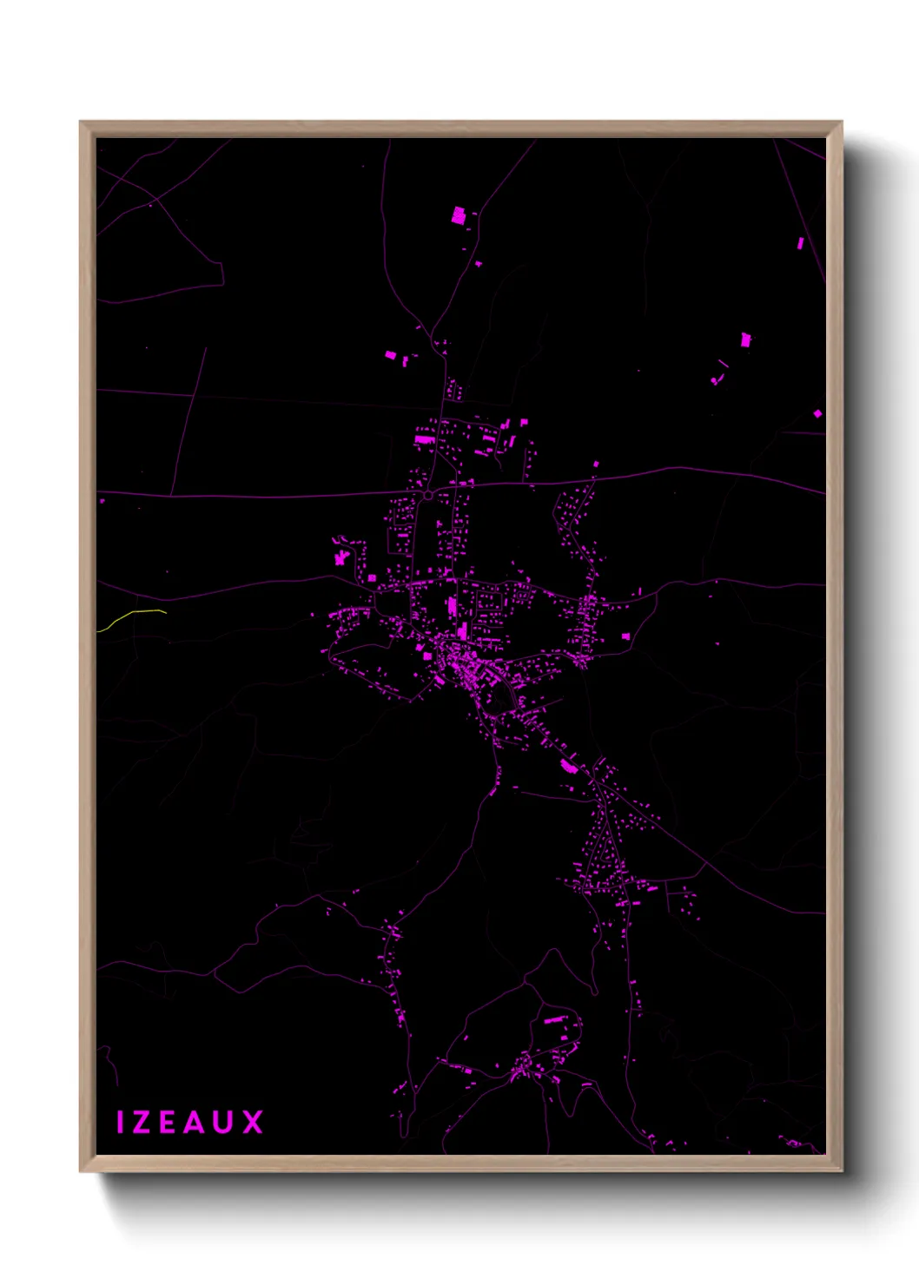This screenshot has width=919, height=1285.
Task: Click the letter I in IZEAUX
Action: coord(120,1122)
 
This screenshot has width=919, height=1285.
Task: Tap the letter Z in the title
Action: coord(143,1122)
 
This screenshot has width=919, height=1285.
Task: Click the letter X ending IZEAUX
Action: coord(252,1122)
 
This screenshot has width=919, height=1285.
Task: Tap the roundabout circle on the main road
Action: coord(428,495)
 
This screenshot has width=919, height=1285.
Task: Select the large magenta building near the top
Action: coord(459,215)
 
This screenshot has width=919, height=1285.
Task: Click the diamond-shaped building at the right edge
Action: coord(817,413)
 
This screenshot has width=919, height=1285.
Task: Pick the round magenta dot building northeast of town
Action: coord(714,380)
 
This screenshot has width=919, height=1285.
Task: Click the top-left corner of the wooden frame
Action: coord(82,123)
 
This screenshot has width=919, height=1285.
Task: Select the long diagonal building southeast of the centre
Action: coord(569,766)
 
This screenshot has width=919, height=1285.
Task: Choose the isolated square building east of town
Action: coord(625,636)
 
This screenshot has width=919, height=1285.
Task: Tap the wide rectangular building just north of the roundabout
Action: coord(424,439)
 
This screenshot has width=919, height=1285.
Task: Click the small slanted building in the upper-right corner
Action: coord(800,243)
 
